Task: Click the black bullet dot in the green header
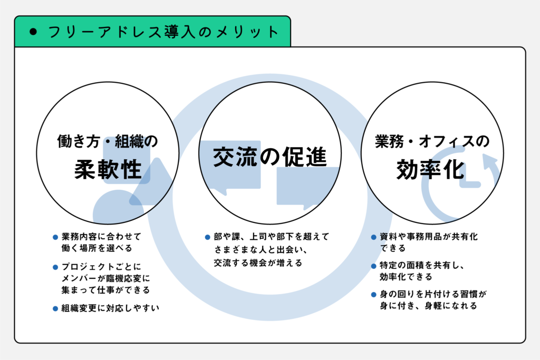[33, 32]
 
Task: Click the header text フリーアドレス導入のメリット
[163, 32]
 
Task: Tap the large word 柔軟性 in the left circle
[108, 169]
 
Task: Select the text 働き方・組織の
[108, 141]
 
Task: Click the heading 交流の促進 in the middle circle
[269, 157]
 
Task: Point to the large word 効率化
[430, 169]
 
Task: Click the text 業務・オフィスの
[432, 141]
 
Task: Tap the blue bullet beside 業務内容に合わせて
[55, 237]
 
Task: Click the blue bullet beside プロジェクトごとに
[55, 267]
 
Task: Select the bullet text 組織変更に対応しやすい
[110, 308]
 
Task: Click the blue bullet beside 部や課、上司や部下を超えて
[207, 237]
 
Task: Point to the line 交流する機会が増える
[258, 263]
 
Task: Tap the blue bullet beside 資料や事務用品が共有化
[373, 237]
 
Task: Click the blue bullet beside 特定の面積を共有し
[373, 266]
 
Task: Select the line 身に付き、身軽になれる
[428, 306]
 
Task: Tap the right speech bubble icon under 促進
[307, 188]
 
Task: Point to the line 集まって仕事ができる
[105, 290]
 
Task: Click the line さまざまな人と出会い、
[261, 249]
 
